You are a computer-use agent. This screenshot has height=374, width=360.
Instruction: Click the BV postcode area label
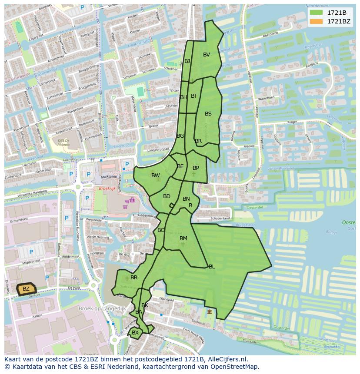pyautogui.click(x=207, y=55)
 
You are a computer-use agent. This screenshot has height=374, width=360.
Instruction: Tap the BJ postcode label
pyautogui.click(x=187, y=61)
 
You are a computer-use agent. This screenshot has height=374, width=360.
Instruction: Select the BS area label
pyautogui.click(x=208, y=114)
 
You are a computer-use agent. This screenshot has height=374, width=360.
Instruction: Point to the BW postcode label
pyautogui.click(x=155, y=175)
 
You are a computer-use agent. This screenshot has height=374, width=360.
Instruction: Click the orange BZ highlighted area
pyautogui.click(x=26, y=289)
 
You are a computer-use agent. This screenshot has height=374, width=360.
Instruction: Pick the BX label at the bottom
pyautogui.click(x=135, y=333)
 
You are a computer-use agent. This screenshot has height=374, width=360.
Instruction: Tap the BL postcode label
pyautogui.click(x=212, y=267)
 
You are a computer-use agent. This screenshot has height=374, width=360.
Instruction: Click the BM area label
pyautogui.click(x=183, y=238)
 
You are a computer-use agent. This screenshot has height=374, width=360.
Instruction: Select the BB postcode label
pyautogui.click(x=134, y=278)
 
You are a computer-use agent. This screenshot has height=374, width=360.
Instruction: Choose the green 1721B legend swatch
pyautogui.click(x=316, y=13)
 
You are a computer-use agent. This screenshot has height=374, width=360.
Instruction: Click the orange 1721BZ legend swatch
pyautogui.click(x=316, y=21)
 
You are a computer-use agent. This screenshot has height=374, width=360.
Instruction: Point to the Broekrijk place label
pyautogui.click(x=107, y=189)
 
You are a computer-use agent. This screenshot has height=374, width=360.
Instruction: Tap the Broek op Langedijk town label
pyautogui.click(x=102, y=308)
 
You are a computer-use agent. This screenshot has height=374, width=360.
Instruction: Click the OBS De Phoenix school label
pyautogui.click(x=64, y=143)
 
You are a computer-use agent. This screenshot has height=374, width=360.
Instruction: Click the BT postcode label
pyautogui.click(x=194, y=96)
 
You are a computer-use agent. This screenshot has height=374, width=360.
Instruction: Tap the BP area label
pyautogui.click(x=196, y=168)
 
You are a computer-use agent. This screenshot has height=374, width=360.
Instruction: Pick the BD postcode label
pyautogui.click(x=167, y=196)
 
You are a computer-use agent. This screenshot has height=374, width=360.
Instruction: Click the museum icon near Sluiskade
pyautogui.click(x=210, y=312)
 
